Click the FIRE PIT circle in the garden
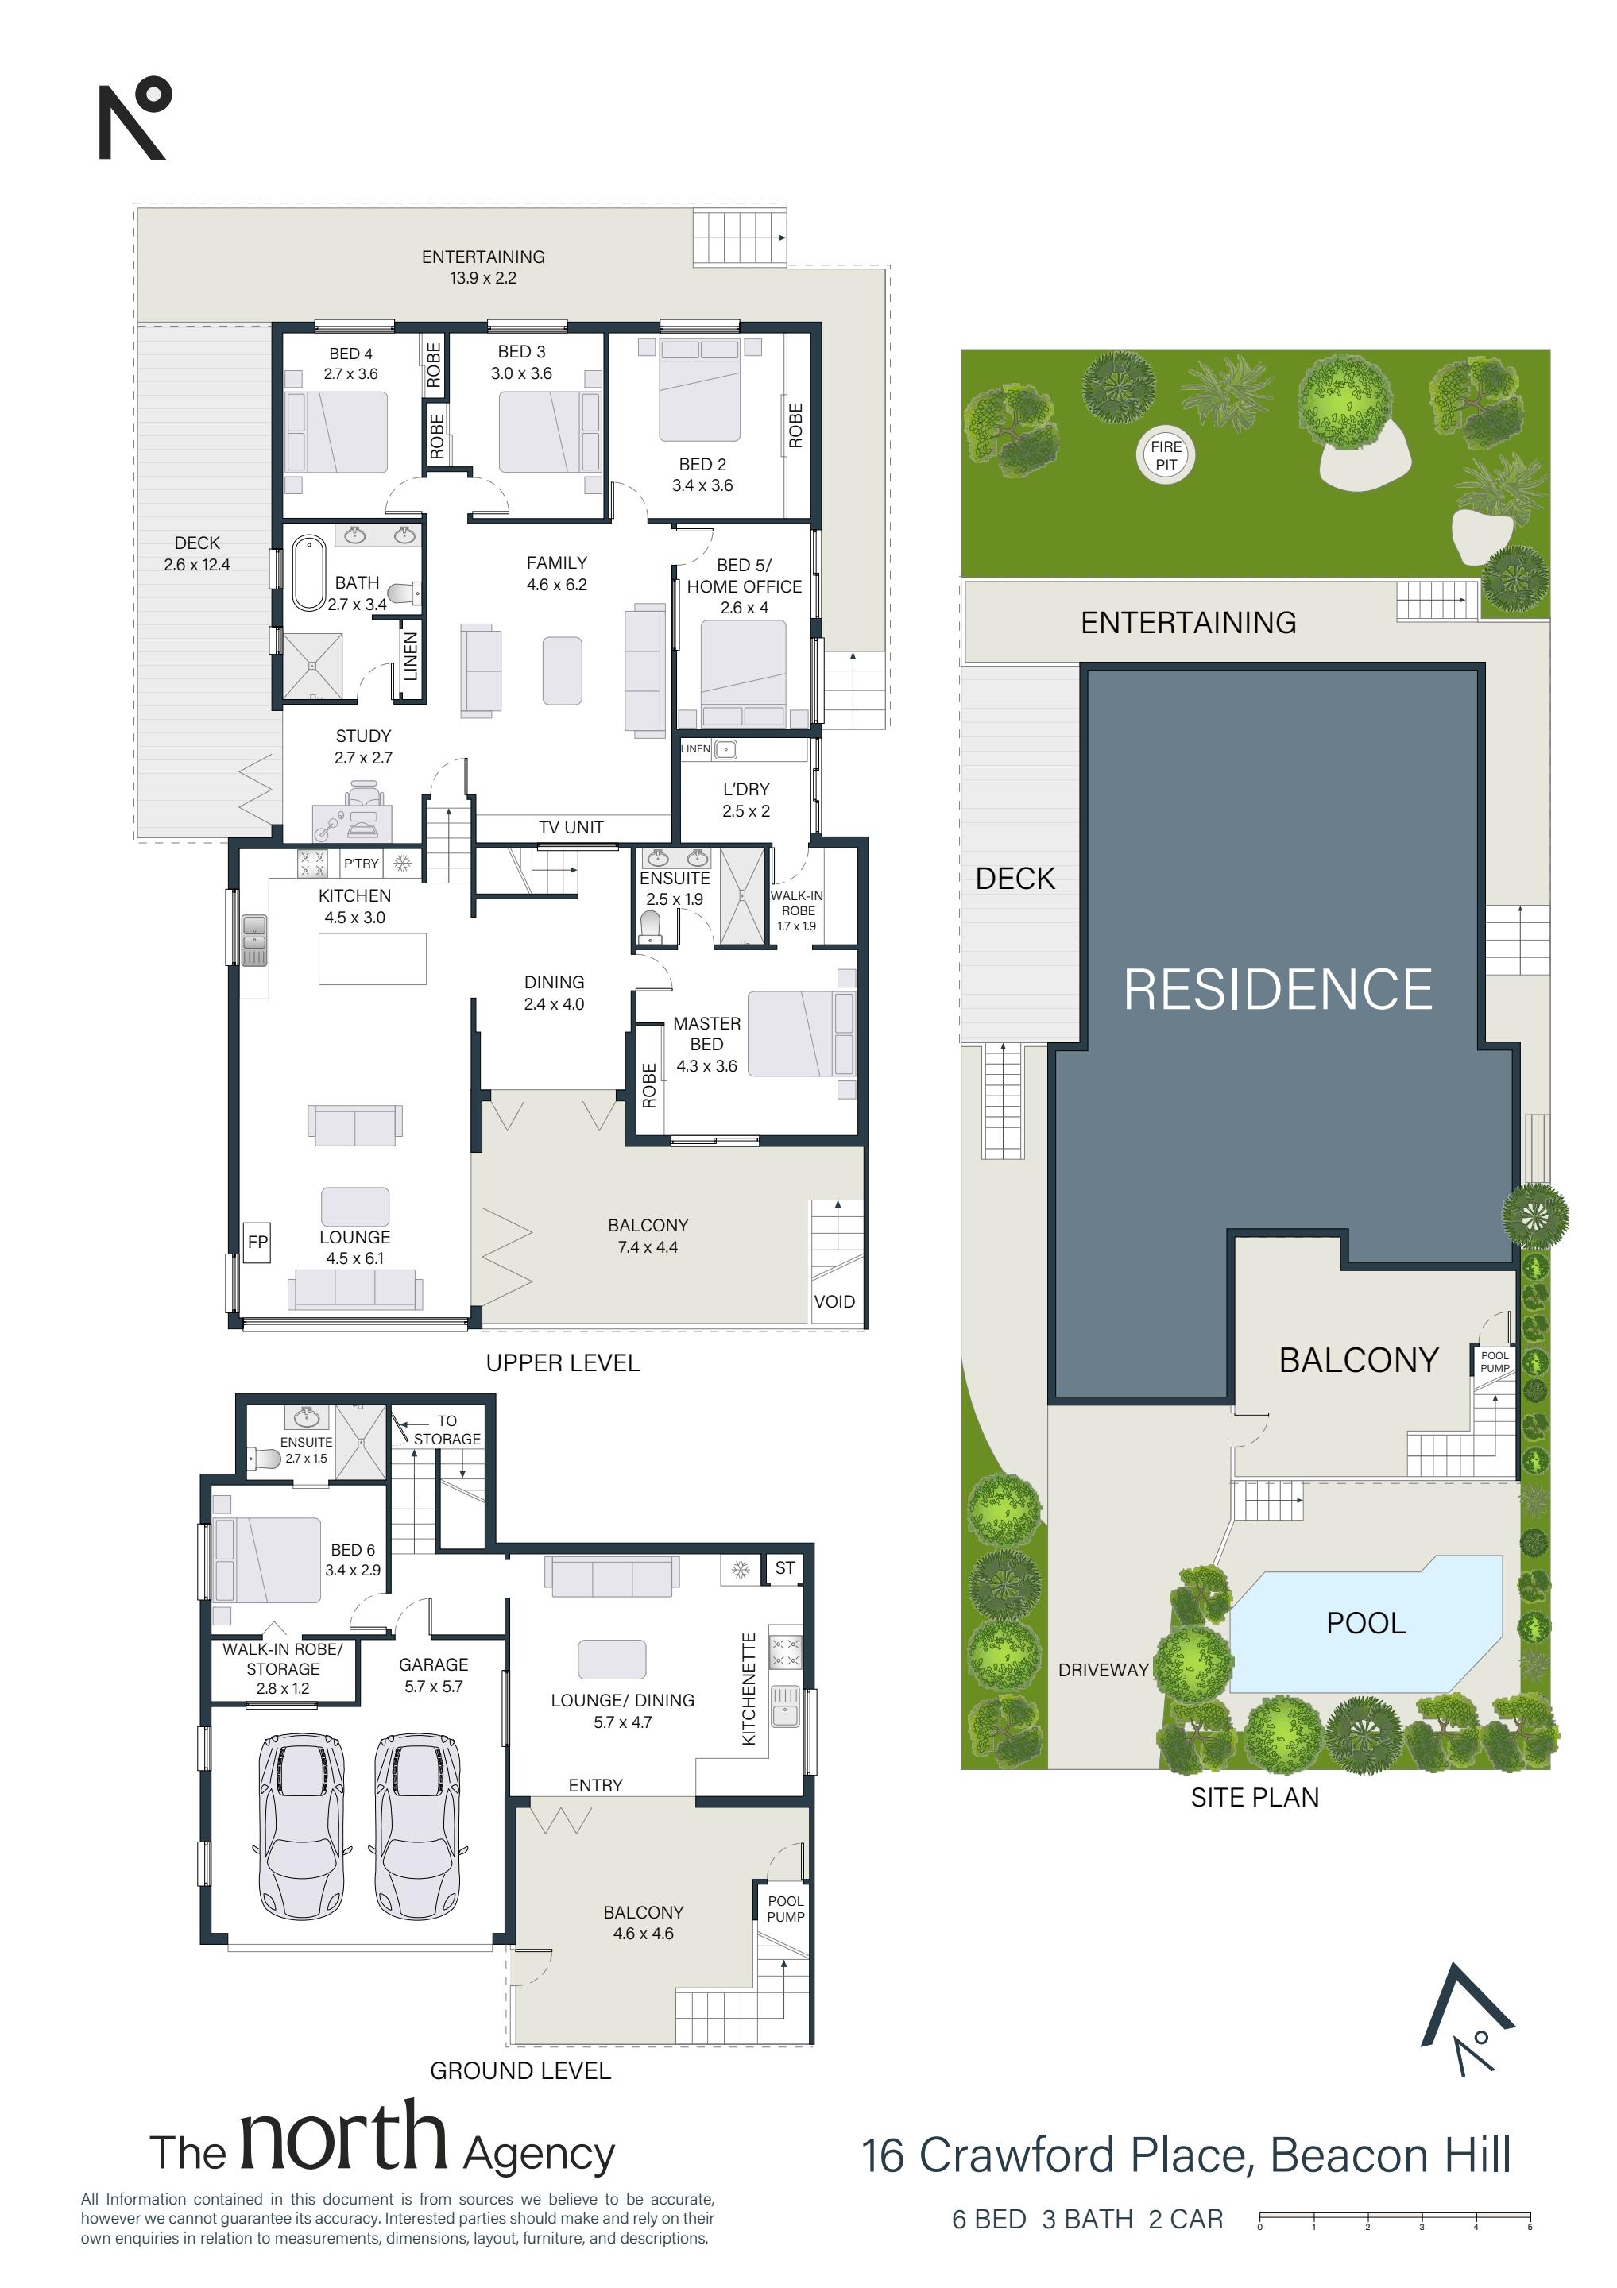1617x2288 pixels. tap(1166, 455)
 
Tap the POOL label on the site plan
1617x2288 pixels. tap(1366, 1623)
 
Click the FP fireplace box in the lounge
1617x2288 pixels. tap(257, 1242)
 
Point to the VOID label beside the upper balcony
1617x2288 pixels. tap(834, 1301)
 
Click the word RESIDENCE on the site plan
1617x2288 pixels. tap(1277, 990)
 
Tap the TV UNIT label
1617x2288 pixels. tap(571, 827)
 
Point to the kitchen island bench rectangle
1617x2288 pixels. tap(373, 959)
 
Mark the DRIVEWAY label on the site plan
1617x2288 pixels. tap(1104, 1670)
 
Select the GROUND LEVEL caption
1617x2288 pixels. tap(520, 2071)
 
